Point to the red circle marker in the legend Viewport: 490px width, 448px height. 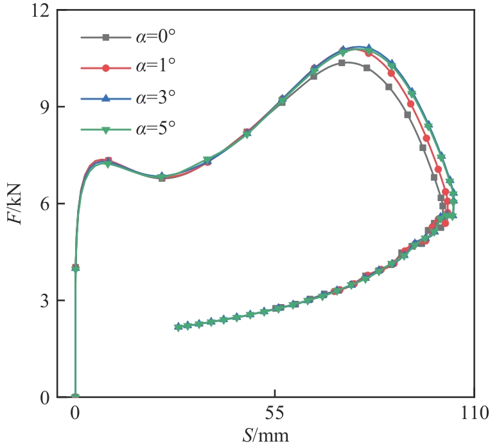pyautogui.click(x=107, y=67)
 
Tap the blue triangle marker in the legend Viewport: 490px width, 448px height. pyautogui.click(x=107, y=98)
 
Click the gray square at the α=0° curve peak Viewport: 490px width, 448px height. pyautogui.click(x=342, y=63)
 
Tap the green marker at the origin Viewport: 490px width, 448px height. pyautogui.click(x=75, y=397)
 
